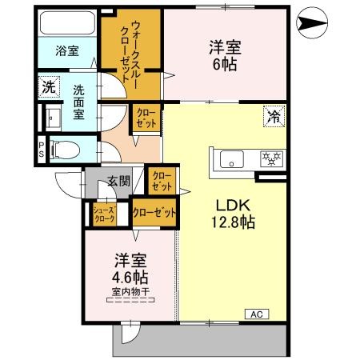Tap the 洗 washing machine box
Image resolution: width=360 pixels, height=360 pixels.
coord(49,86)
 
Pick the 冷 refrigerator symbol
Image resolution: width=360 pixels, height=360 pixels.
coord(274,117)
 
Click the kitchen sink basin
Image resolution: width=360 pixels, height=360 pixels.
coord(231,159)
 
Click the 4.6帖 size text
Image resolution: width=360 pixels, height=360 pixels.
coord(130,278)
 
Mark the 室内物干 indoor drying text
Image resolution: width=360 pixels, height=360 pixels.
coord(130,293)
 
